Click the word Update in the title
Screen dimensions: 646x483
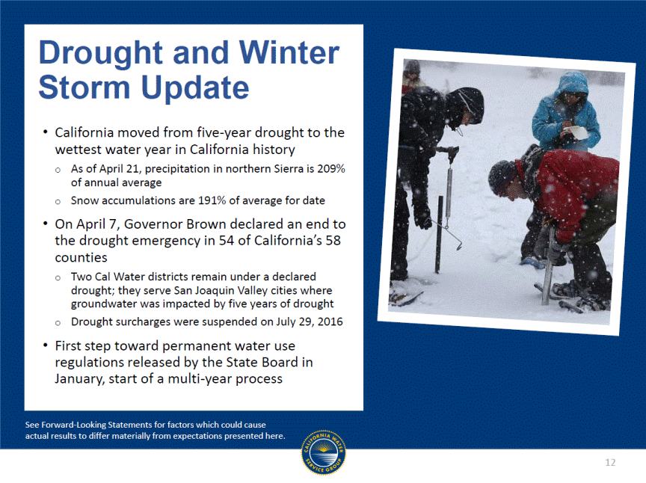(195, 87)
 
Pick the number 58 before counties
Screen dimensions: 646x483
(333, 241)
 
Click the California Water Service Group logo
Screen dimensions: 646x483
(324, 452)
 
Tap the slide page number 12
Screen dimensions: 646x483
(610, 462)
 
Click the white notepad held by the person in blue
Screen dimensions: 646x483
(575, 132)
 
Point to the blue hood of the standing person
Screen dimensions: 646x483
(572, 81)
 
